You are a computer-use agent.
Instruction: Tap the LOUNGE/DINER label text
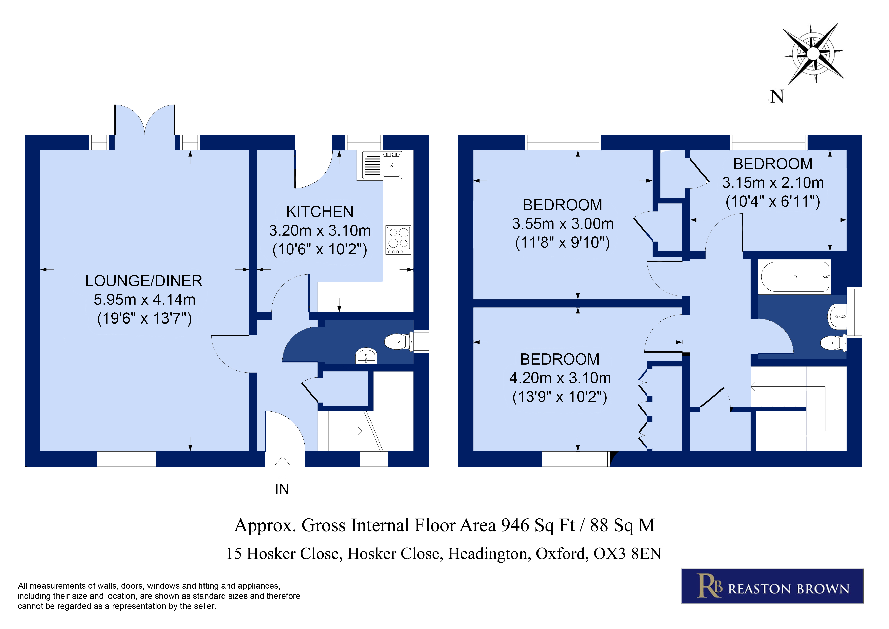144,281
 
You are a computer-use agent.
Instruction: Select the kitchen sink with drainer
382,165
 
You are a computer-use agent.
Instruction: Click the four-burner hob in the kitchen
398,240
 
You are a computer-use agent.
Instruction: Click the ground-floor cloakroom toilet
398,342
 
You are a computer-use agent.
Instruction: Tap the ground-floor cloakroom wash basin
366,356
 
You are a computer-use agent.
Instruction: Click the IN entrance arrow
282,466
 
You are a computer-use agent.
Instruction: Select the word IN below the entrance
282,489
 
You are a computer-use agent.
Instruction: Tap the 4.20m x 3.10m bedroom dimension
560,378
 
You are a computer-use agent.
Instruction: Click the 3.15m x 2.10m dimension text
773,182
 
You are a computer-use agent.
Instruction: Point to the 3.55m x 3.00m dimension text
563,224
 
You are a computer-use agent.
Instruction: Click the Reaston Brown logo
772,586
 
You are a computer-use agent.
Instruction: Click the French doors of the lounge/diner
145,120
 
